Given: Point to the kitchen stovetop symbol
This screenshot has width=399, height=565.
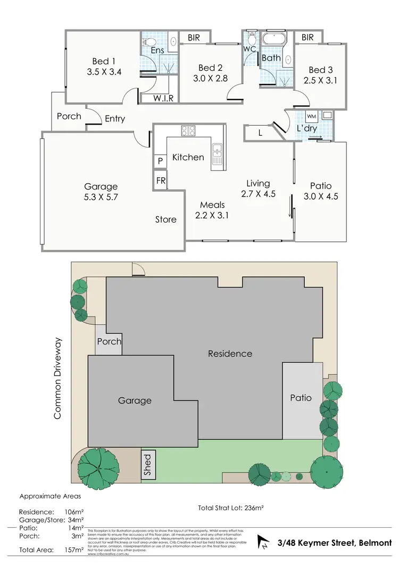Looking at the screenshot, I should coord(188,130).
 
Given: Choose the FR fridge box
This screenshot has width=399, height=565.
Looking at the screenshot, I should coord(161,180).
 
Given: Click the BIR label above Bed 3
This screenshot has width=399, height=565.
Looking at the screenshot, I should coord(307,37).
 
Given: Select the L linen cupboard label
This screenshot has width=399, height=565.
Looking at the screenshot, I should coord(260,133).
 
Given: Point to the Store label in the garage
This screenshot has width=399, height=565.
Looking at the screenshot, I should coord(166,219).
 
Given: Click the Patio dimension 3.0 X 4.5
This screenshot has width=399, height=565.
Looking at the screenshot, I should coord(321,196).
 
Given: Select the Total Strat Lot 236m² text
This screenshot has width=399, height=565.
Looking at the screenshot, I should coord(232,507).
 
